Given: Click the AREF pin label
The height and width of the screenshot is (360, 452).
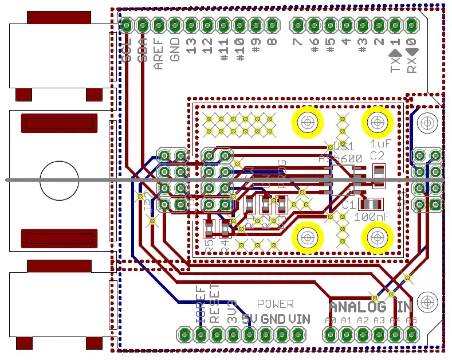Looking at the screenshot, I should pos(159,53).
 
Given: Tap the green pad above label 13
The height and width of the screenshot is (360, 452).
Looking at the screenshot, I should pos(192,25).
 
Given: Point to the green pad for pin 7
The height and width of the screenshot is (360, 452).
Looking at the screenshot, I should pos(297,25).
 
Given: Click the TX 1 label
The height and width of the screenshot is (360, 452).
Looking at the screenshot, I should pos(395,57).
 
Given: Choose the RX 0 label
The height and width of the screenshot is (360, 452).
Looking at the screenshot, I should pos(411,57).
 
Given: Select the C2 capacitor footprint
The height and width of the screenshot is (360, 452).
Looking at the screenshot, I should pos(378,176).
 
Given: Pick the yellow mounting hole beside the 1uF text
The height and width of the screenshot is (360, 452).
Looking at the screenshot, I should pos(376,122).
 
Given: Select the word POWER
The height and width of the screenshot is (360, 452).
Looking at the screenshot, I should pos(275,304).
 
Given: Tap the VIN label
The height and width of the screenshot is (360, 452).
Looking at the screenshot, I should pos(299,319).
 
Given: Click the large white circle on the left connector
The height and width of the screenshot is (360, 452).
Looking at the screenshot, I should pos(59,180).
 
